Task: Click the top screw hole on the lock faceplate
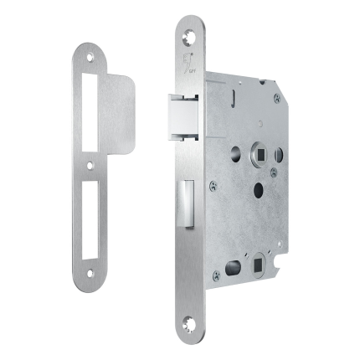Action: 188,33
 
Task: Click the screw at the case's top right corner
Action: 275,98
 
